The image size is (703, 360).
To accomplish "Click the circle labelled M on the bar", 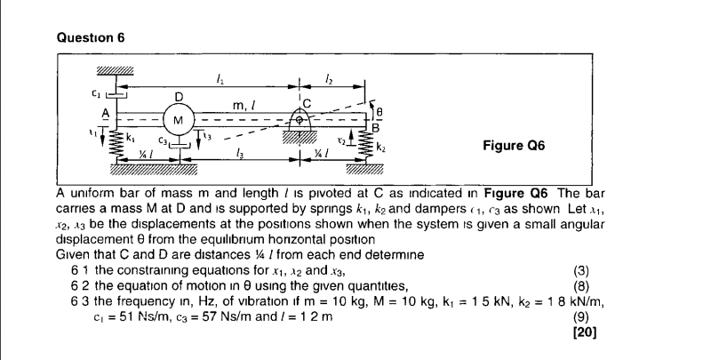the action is coord(180,118).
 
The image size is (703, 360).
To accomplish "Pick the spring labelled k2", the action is coord(364,146).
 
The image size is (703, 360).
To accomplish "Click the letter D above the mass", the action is coord(179,95).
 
